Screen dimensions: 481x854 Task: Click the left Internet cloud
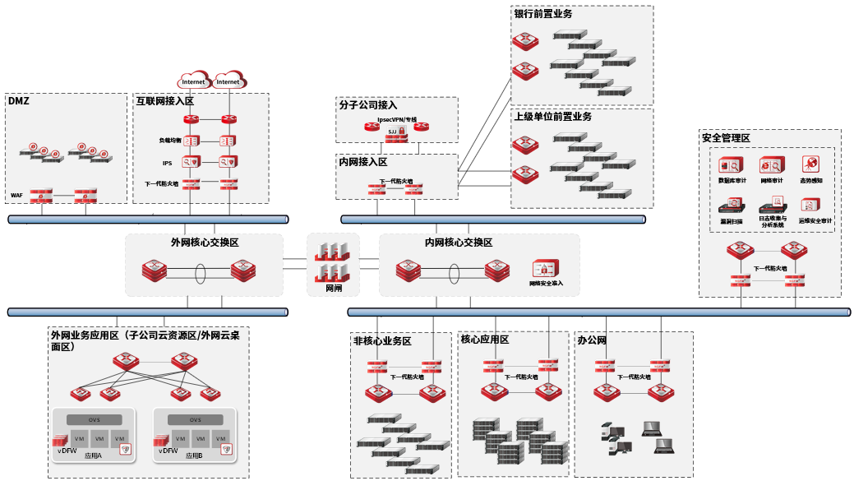click(x=194, y=81)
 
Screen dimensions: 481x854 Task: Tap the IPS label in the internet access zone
click(x=167, y=163)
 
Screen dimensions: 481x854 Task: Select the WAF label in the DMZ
click(x=16, y=196)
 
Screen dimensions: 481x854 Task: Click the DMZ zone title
click(x=18, y=101)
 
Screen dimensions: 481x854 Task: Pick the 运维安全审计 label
click(x=815, y=220)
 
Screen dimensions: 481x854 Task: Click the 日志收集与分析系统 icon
click(x=772, y=205)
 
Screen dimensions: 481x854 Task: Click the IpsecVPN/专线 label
click(x=397, y=119)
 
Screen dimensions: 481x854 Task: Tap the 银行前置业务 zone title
click(x=542, y=14)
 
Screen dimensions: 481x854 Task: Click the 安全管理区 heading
click(x=726, y=138)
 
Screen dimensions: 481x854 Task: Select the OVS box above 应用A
click(x=95, y=419)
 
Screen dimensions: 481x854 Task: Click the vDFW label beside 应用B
click(x=167, y=451)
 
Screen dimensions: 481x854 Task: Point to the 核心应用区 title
click(x=485, y=340)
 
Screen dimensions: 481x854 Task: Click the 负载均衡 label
click(x=170, y=141)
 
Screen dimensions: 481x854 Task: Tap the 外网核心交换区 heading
click(x=205, y=243)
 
